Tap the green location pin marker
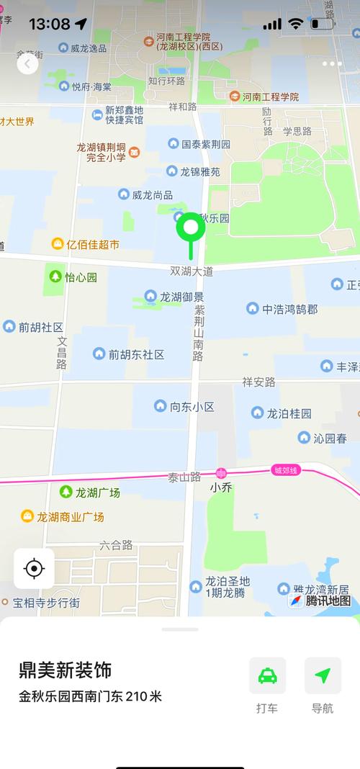[191, 229]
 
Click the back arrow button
[27, 64]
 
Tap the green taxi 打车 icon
[267, 675]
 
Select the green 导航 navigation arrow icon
[323, 675]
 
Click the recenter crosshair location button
[34, 569]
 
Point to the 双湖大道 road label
[192, 271]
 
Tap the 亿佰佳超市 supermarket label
[93, 244]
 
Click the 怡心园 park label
[81, 276]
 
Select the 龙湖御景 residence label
[181, 296]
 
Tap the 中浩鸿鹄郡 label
[289, 309]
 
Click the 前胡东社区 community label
[136, 354]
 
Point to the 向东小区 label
[192, 406]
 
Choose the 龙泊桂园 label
[289, 413]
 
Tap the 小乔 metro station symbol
[221, 473]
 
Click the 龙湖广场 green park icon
[66, 492]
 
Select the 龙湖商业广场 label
[71, 516]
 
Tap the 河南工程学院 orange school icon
[235, 96]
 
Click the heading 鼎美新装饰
[66, 670]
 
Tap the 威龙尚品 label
[153, 194]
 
